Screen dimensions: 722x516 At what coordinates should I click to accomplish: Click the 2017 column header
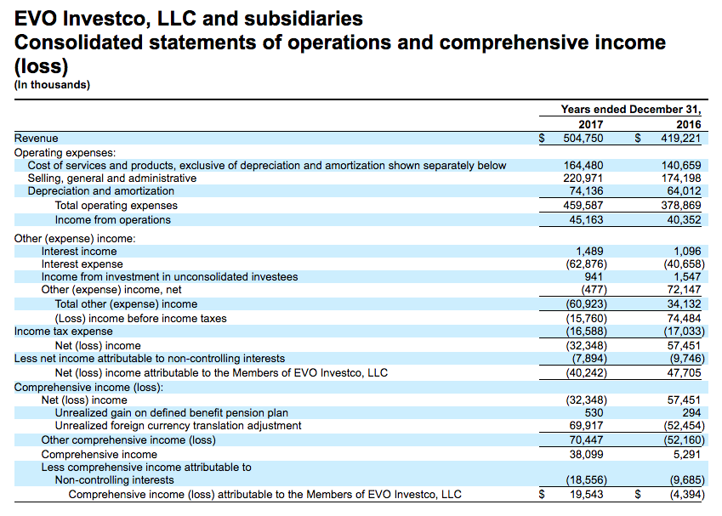click(591, 124)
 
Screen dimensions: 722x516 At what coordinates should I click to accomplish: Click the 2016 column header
click(688, 124)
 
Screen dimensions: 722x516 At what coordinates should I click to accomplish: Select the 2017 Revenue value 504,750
click(583, 138)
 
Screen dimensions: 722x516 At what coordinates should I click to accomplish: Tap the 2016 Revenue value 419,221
click(681, 138)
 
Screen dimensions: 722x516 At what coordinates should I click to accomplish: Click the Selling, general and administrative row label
click(112, 179)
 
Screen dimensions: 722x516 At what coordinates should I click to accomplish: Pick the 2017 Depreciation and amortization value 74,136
click(586, 191)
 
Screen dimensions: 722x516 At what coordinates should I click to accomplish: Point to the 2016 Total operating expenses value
click(681, 206)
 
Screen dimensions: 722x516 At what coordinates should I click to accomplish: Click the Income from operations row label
click(113, 220)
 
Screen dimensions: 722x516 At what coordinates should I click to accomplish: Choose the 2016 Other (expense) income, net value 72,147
click(685, 290)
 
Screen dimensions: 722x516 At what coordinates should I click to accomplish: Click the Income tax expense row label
click(64, 332)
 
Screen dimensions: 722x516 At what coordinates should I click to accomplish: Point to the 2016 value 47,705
click(685, 373)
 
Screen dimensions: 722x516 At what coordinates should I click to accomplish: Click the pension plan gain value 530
click(594, 413)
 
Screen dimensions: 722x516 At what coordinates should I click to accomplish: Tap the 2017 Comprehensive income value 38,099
click(586, 454)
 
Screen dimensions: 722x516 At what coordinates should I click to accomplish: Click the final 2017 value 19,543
click(586, 495)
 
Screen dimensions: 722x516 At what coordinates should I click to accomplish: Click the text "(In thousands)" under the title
click(52, 85)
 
